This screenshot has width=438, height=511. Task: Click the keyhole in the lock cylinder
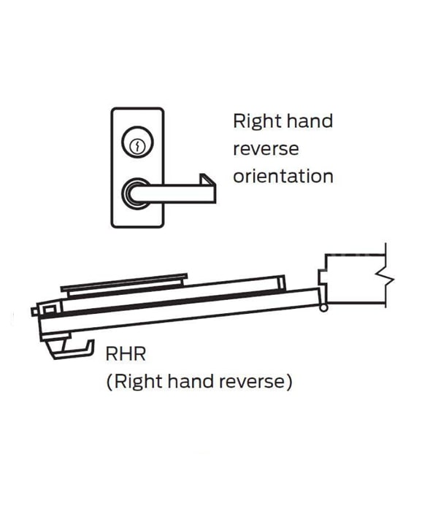pyautogui.click(x=137, y=146)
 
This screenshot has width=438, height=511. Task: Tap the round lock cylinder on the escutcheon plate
pyautogui.click(x=137, y=142)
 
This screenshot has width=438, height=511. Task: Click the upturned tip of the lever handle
pyautogui.click(x=207, y=180)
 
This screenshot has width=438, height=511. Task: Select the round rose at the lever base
pyautogui.click(x=137, y=193)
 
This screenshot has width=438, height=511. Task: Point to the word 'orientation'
pyautogui.click(x=283, y=177)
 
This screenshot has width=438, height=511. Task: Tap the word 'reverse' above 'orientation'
pyautogui.click(x=266, y=149)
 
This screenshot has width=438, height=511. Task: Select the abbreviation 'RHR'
pyautogui.click(x=126, y=353)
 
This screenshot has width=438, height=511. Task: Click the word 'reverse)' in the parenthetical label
pyautogui.click(x=255, y=382)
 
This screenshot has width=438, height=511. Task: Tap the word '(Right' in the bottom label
pyautogui.click(x=135, y=382)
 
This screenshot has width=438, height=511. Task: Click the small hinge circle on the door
pyautogui.click(x=323, y=307)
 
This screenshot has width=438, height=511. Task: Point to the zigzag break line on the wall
pyautogui.click(x=385, y=279)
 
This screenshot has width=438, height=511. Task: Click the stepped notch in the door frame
pyautogui.click(x=323, y=277)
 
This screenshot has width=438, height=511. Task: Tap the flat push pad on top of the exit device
pyautogui.click(x=124, y=283)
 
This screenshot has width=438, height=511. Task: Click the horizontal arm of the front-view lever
pyautogui.click(x=173, y=193)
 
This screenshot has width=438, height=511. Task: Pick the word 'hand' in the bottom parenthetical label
pyautogui.click(x=191, y=380)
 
